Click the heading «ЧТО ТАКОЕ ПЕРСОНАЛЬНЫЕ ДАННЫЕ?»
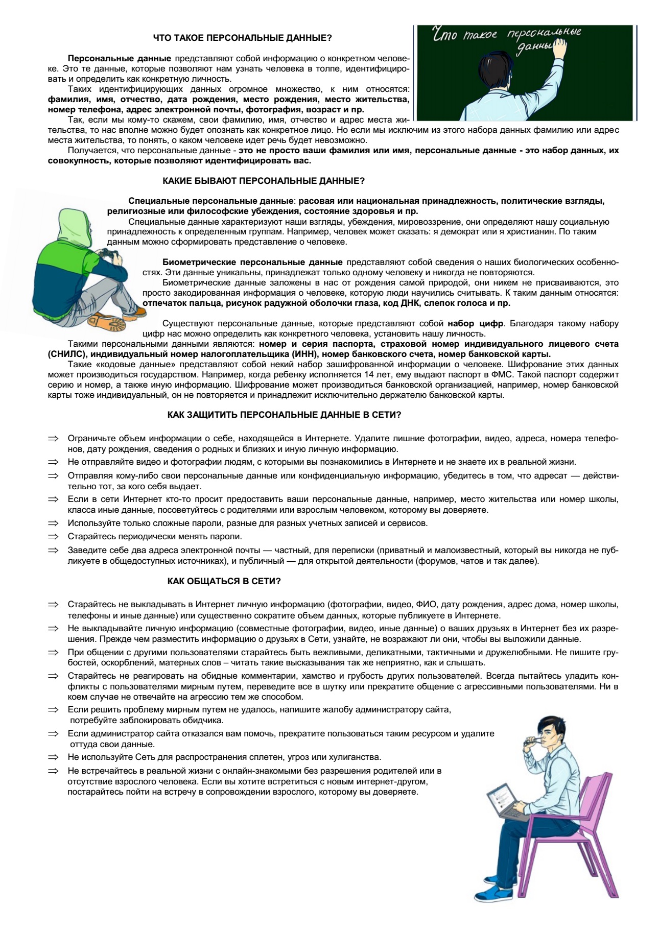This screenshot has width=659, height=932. tap(243, 38)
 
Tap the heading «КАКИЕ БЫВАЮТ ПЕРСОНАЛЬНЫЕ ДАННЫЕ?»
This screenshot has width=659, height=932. tap(264, 181)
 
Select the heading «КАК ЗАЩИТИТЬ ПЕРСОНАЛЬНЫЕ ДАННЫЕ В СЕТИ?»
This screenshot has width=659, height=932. tap(284, 415)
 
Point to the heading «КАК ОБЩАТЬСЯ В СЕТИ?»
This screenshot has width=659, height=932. tap(224, 581)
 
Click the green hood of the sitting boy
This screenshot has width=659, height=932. tap(74, 225)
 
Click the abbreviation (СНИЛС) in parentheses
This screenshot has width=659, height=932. tap(67, 354)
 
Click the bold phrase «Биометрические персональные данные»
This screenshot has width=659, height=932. tap(252, 262)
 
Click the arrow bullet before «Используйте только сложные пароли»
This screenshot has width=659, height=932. tap(54, 523)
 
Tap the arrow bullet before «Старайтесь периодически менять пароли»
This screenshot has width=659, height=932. tap(54, 537)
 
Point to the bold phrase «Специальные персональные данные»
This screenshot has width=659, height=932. tap(211, 201)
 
